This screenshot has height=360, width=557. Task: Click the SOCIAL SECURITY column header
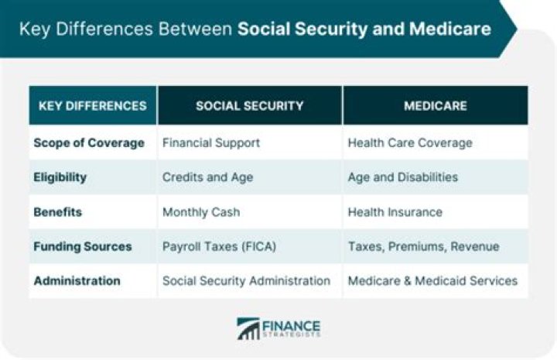point(249,106)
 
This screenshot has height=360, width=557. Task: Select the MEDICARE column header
point(435,106)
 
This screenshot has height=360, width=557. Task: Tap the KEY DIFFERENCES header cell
point(93,106)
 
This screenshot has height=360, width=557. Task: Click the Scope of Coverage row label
point(89,143)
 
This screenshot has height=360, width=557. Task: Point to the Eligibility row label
point(60,177)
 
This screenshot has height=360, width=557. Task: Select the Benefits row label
point(57,212)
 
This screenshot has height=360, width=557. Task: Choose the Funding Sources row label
point(83,246)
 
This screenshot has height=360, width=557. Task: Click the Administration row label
point(77,281)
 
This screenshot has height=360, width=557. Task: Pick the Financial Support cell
point(211,143)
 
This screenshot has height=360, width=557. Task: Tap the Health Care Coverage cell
point(410,143)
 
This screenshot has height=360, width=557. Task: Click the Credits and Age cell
point(207,177)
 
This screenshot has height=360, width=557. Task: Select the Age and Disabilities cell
point(403,177)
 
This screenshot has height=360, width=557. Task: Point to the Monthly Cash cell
point(201,212)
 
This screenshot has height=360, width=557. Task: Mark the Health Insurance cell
point(395,212)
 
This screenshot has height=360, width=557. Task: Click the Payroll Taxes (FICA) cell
point(218,246)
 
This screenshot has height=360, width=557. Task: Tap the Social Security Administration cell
point(246,281)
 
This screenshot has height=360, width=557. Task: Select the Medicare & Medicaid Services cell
point(432,281)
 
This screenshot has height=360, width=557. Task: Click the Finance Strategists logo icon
point(248,328)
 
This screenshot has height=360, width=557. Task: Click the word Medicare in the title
point(450,29)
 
